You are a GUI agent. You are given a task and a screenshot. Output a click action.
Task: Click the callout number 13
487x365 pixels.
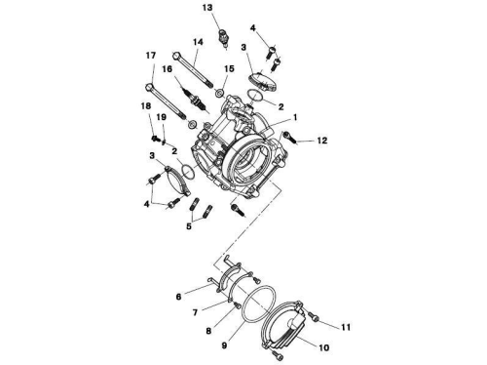tap(207, 7)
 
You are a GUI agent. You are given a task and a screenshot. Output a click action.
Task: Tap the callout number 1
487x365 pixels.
tap(295, 117)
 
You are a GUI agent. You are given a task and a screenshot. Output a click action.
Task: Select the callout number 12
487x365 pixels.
tap(322, 141)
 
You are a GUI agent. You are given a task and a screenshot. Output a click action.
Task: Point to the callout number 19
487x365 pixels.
tap(162, 117)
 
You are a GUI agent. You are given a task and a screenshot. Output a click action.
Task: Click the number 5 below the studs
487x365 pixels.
tap(189, 226)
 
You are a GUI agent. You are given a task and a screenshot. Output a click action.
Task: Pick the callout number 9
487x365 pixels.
tap(178, 297)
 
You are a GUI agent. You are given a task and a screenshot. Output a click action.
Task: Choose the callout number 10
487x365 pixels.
tap(324, 347)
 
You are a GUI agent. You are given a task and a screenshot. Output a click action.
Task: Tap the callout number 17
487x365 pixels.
tap(151, 56)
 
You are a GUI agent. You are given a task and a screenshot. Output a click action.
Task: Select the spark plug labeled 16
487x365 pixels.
tap(195, 99)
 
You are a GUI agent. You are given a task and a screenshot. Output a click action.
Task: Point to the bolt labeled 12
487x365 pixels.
tap(289, 137)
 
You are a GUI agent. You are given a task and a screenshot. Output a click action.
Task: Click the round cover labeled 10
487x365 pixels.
tap(285, 324)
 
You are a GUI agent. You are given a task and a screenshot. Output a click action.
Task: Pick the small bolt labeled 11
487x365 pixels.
tap(314, 316)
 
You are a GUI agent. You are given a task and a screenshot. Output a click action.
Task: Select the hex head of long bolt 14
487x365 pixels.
tap(176, 56)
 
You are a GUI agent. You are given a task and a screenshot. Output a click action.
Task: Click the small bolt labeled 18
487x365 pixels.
tap(155, 139)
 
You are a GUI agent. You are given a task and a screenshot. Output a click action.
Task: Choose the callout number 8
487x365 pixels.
tap(208, 331)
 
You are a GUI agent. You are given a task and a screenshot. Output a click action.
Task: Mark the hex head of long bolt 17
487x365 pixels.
tap(149, 87)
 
